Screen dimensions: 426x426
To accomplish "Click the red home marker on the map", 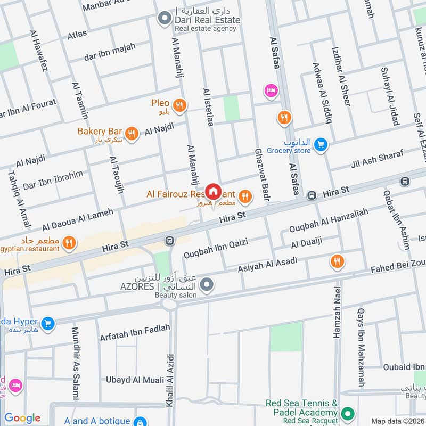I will (x=213, y=191).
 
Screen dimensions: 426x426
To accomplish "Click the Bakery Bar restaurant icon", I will (x=132, y=133).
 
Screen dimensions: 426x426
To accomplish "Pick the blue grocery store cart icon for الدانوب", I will (x=320, y=145).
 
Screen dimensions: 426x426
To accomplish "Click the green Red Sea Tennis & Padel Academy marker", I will (x=348, y=413).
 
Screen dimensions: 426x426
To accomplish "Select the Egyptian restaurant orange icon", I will (x=68, y=244).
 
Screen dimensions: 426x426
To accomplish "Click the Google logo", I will (x=22, y=418).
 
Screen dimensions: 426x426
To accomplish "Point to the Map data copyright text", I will (x=397, y=421).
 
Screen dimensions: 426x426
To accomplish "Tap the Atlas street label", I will (x=77, y=35).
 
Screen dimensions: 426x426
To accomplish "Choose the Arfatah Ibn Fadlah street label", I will (x=135, y=333).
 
